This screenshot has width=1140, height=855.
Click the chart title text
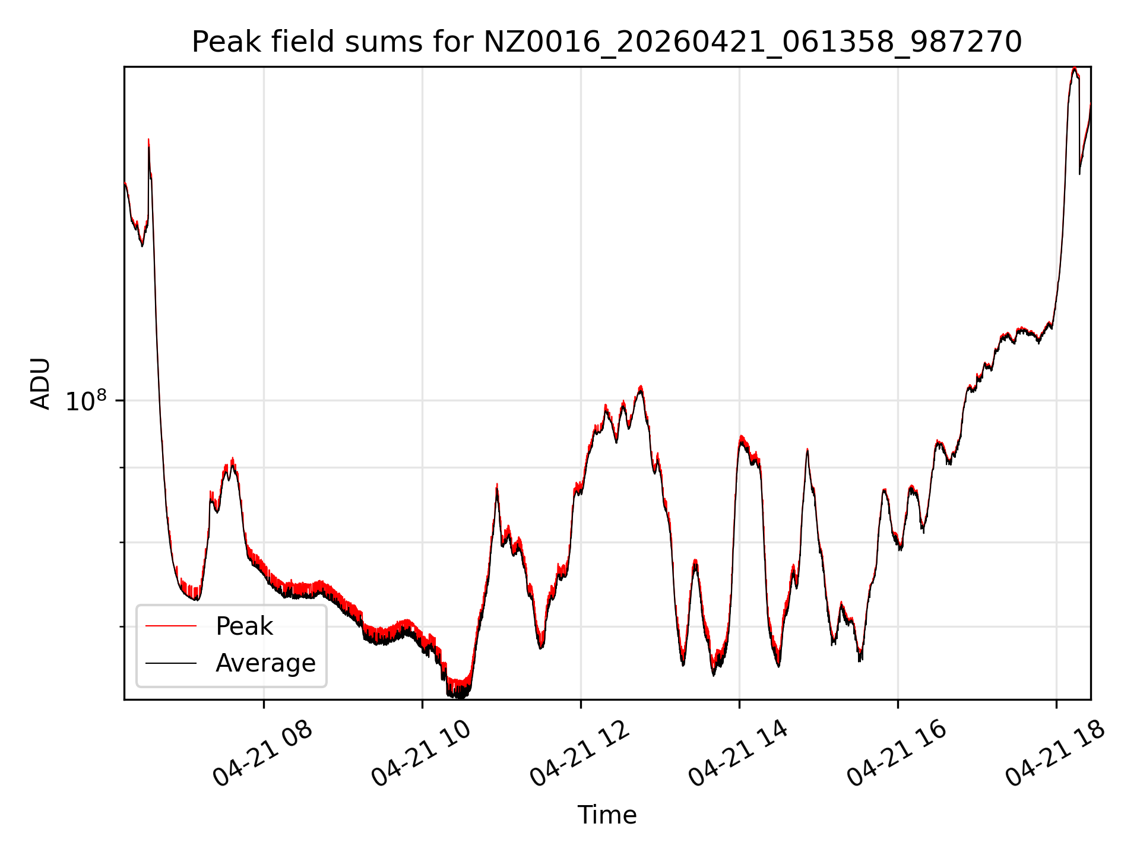[x=607, y=42]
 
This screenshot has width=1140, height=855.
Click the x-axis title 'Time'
[x=607, y=815]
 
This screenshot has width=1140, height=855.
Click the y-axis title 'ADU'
[x=40, y=383]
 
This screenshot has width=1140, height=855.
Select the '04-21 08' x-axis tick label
[x=263, y=753]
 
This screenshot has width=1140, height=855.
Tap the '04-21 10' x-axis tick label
[x=422, y=753]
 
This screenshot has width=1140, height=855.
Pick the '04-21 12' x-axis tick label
[x=580, y=753]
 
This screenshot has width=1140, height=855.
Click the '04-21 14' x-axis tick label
[x=739, y=753]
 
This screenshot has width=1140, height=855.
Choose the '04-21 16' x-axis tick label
[x=897, y=753]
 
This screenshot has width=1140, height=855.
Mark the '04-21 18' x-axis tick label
[x=1056, y=753]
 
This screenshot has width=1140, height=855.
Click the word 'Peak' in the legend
[x=244, y=626]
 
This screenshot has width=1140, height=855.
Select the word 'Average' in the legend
[x=265, y=663]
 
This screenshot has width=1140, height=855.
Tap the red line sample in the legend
[x=171, y=626]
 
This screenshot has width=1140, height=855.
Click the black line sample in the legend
[x=171, y=663]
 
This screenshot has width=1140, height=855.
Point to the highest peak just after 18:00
[x=1074, y=68]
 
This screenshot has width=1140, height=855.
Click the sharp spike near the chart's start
[x=148, y=140]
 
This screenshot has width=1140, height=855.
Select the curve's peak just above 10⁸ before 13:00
[x=641, y=387]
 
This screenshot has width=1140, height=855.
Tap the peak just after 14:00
[x=741, y=437]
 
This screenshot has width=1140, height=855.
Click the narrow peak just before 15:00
[x=807, y=450]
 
